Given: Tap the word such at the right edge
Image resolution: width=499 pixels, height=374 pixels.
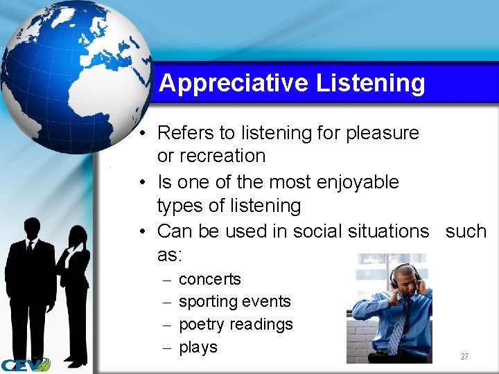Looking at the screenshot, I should click(x=466, y=231).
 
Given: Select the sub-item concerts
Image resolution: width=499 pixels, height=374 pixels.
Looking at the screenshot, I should click(x=209, y=279).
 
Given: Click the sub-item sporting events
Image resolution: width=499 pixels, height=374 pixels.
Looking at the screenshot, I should click(x=234, y=302).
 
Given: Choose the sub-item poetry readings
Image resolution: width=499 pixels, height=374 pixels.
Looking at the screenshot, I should click(x=236, y=324).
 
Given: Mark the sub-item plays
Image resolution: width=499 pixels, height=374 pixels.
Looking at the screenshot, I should click(x=198, y=347).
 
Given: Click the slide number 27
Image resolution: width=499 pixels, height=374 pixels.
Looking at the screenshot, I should click(x=464, y=357).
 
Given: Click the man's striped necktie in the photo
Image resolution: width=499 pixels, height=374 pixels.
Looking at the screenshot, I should click(x=398, y=326).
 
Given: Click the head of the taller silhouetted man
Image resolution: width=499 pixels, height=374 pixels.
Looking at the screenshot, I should click(x=31, y=228).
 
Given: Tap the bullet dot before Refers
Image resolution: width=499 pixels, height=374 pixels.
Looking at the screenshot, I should click(x=141, y=133).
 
